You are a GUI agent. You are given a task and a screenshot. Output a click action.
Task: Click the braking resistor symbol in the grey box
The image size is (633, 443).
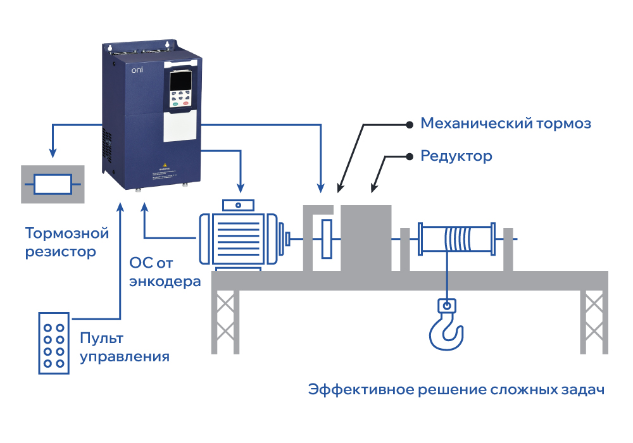click(x=53, y=184)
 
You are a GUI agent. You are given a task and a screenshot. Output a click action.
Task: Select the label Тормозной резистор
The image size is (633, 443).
click(x=66, y=242)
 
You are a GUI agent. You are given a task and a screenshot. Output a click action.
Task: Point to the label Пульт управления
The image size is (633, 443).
click(x=124, y=347)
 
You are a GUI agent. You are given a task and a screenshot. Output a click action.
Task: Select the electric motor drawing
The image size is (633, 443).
click(x=238, y=238)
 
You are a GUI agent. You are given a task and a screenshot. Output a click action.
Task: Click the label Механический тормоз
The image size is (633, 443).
click(x=506, y=123)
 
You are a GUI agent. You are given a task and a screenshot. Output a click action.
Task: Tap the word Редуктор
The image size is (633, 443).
click(x=456, y=156)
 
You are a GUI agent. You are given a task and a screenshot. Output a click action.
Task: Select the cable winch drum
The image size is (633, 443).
click(x=456, y=239)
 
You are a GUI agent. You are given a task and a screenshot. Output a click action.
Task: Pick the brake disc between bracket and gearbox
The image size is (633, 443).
click(x=327, y=239)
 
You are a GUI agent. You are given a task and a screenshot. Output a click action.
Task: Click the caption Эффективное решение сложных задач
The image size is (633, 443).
click(x=456, y=389)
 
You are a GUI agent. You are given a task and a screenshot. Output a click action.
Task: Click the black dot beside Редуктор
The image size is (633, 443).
click(x=408, y=156)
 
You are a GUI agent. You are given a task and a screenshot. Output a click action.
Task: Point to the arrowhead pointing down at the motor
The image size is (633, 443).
click(x=240, y=187)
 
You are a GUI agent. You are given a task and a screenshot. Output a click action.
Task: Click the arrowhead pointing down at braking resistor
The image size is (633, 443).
click(x=53, y=154)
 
